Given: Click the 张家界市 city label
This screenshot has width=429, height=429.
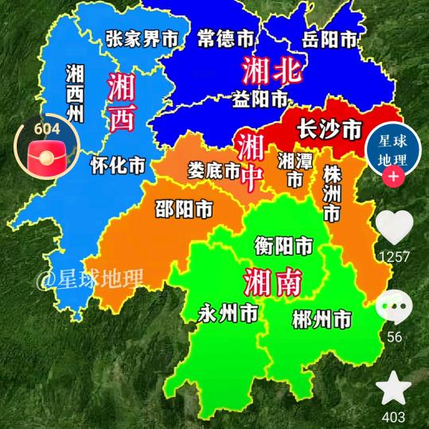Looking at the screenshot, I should pyautogui.click(x=142, y=37).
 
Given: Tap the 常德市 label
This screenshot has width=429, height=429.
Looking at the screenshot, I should pyautogui.click(x=227, y=37).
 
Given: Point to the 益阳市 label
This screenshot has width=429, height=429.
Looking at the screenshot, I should pyautogui.click(x=259, y=99).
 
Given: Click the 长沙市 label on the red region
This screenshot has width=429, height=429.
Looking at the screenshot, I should pyautogui.click(x=328, y=129).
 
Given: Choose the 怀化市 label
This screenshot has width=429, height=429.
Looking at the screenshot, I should pyautogui.click(x=118, y=165).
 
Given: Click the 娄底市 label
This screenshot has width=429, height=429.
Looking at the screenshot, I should pyautogui.click(x=214, y=170).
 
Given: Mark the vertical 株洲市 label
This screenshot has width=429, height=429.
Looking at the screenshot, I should pyautogui.click(x=331, y=193).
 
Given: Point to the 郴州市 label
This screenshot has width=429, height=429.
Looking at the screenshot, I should pyautogui.click(x=322, y=320).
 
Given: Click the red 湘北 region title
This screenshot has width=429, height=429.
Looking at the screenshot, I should pyautogui.click(x=273, y=72).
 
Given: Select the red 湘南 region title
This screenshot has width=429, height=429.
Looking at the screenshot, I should pyautogui.click(x=273, y=280).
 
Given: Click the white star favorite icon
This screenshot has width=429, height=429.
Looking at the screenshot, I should pyautogui.click(x=393, y=389).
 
